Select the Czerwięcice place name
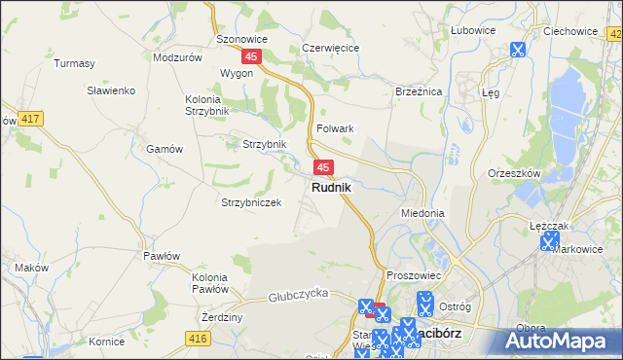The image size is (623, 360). pyautogui.click(x=331, y=47)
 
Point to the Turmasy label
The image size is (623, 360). pyautogui.click(x=75, y=63)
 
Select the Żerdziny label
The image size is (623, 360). pyautogui.click(x=222, y=317)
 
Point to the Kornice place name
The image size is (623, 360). pyautogui.click(x=106, y=342)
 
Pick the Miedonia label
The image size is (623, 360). pyautogui.click(x=422, y=212)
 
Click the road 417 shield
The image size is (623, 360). pyautogui.click(x=30, y=119)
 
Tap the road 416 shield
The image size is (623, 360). pyautogui.click(x=198, y=338)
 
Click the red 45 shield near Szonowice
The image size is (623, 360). pyautogui.click(x=251, y=57)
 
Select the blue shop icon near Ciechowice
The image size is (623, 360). pyautogui.click(x=517, y=50)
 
